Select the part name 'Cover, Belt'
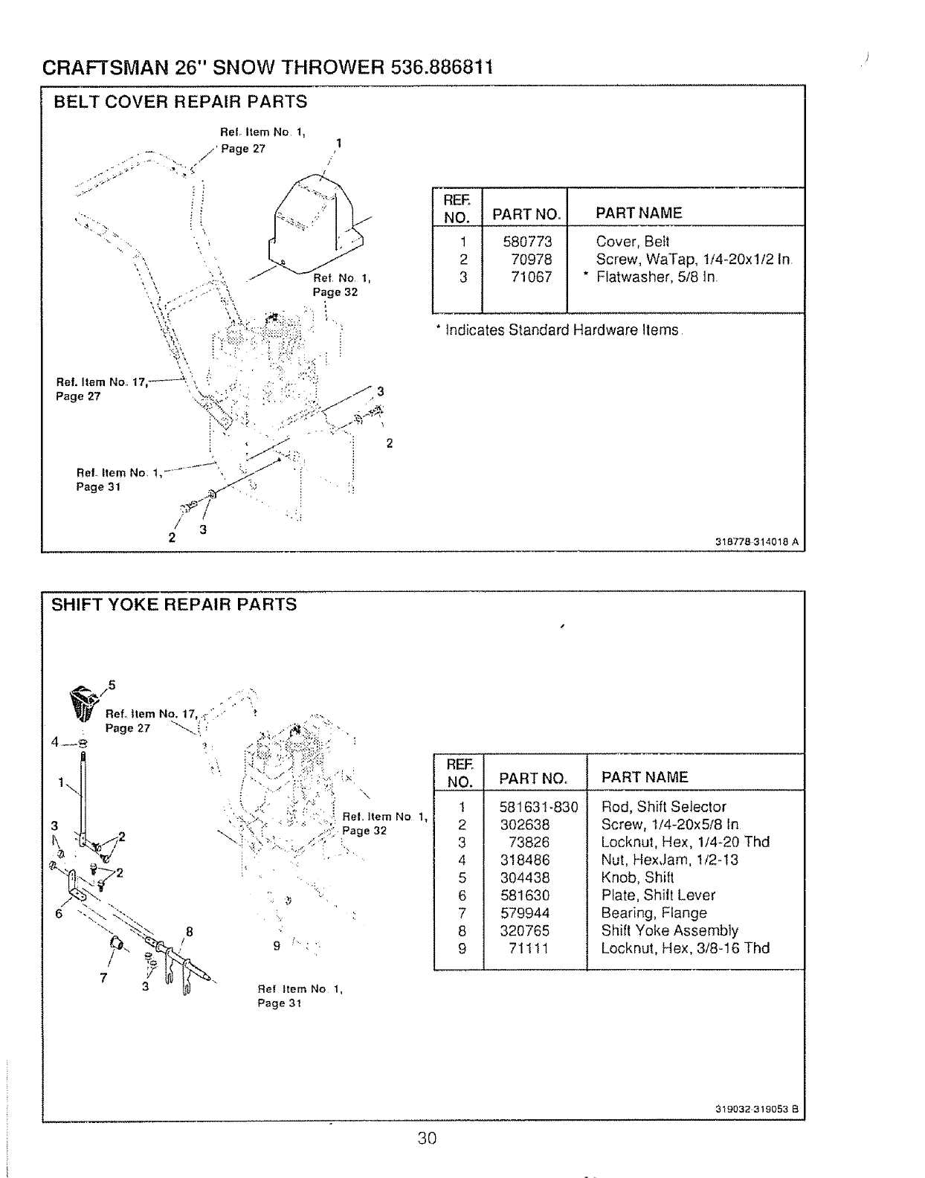point(632,242)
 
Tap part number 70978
point(530,260)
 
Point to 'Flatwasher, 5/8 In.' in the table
point(657,277)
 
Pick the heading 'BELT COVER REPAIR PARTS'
point(180,101)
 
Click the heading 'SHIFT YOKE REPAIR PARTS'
point(173,605)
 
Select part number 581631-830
point(538,807)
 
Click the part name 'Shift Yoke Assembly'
point(669,931)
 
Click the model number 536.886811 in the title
point(441,68)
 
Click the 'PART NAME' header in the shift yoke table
point(645,778)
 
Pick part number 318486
point(525,860)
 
